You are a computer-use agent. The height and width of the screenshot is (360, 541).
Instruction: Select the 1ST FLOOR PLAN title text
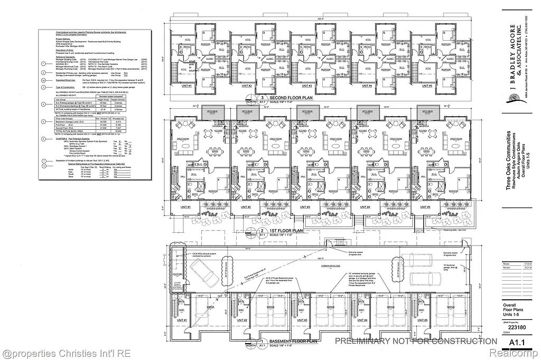point(286,231)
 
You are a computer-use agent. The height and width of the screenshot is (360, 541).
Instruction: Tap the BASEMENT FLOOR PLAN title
point(293,342)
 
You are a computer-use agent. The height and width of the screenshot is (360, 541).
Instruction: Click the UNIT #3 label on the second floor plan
point(306,86)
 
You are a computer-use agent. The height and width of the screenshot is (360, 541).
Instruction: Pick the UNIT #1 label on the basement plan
point(182,320)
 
